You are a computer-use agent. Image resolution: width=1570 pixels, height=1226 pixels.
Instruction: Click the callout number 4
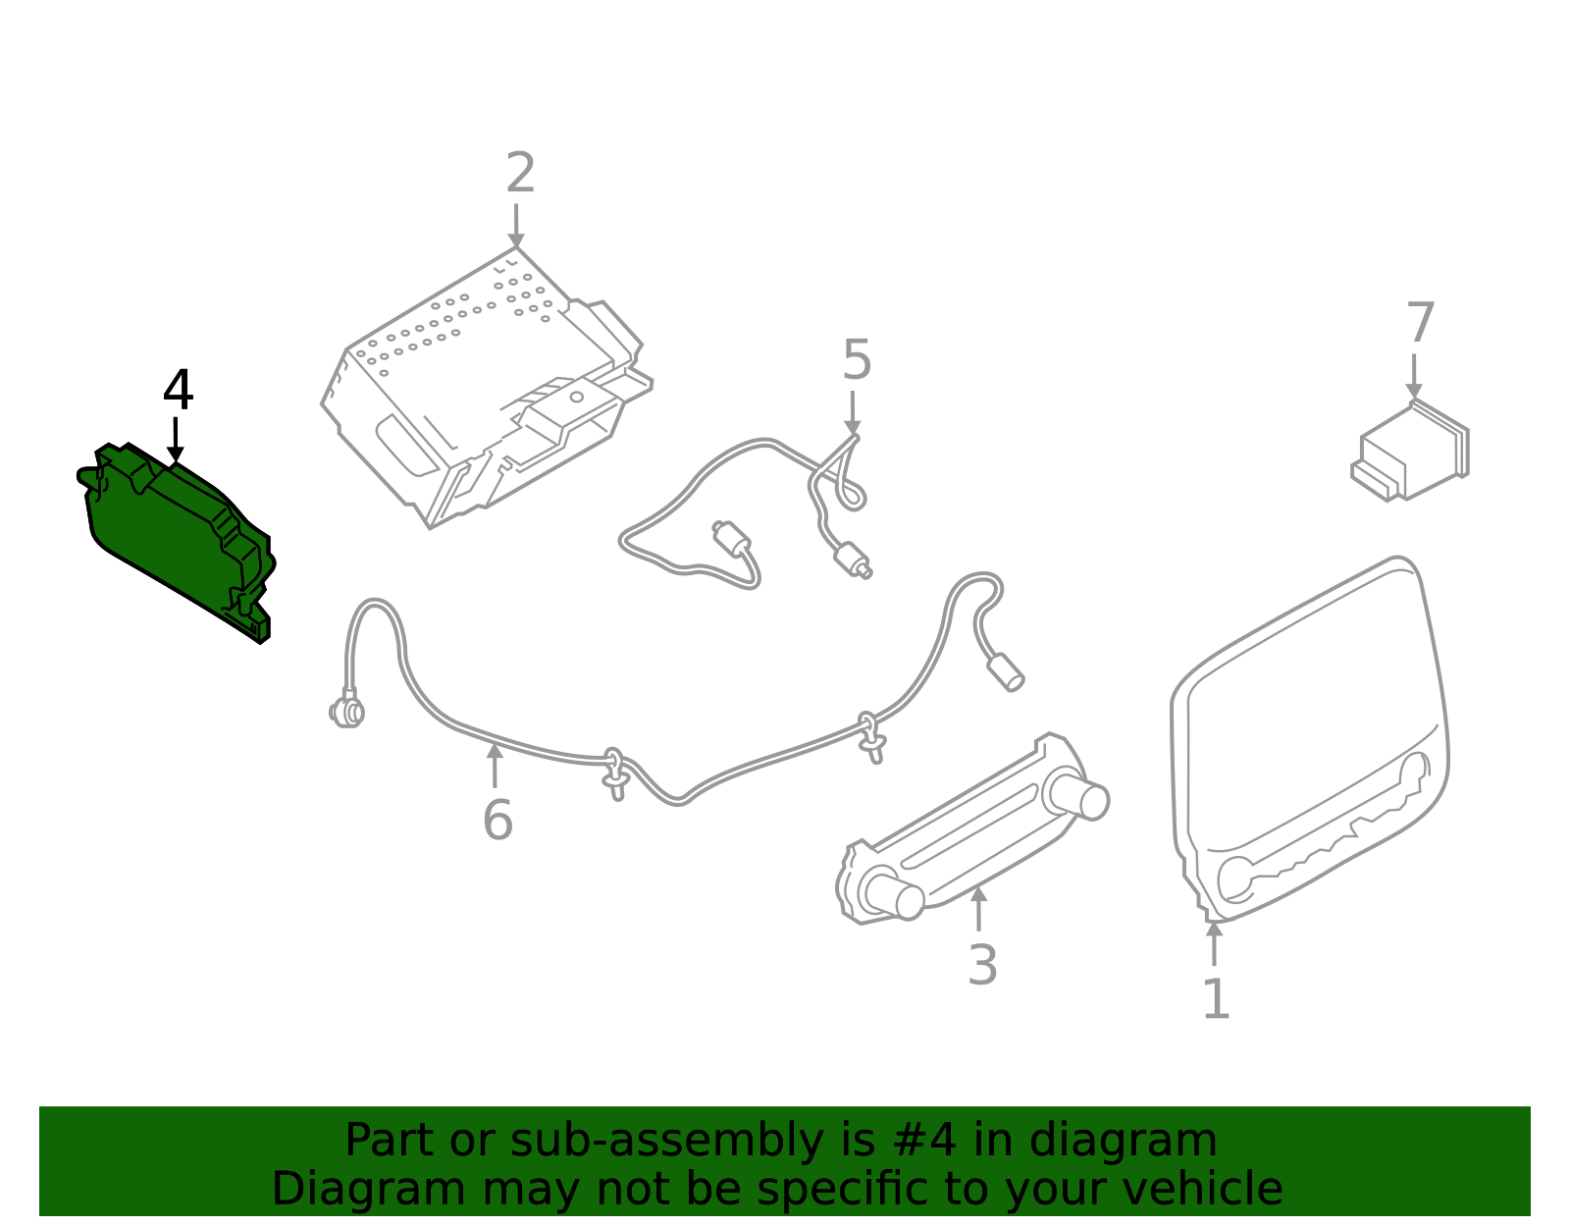coord(178,391)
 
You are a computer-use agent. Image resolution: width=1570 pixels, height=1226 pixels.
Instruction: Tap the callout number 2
coord(520,174)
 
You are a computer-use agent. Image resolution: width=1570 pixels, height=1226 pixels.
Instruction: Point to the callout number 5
coord(857,361)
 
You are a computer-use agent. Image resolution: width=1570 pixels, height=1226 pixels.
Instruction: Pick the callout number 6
coord(497,821)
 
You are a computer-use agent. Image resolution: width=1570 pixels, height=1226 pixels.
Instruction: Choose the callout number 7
coord(1420,323)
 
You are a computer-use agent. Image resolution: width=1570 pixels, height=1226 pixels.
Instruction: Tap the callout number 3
coord(982,965)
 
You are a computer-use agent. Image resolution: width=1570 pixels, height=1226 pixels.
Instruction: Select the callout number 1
coord(1216,999)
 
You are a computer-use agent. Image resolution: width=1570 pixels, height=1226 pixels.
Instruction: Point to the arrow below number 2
coord(516,228)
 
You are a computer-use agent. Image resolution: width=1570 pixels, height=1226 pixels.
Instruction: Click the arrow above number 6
coord(496,766)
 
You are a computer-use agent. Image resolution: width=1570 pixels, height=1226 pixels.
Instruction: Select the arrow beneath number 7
coord(1414,377)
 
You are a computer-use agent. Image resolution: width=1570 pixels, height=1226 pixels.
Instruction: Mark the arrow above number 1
coord(1215,942)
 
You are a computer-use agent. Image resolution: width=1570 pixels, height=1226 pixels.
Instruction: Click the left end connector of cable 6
coord(346,710)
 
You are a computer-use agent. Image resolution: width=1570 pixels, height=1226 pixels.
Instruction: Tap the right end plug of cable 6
coord(1005,672)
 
